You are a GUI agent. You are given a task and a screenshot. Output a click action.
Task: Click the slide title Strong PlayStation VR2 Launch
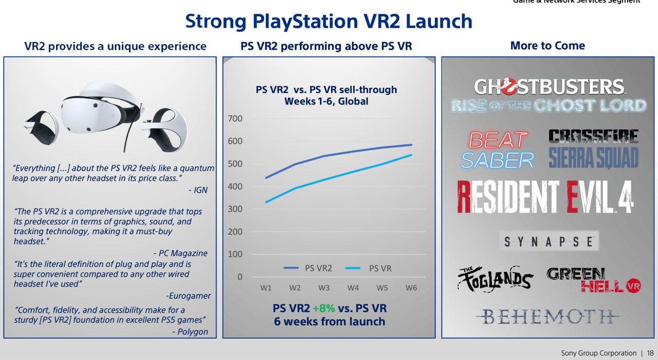(328, 22)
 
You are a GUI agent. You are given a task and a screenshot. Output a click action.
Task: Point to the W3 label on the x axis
(324, 288)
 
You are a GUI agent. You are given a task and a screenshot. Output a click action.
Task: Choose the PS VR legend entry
(368, 268)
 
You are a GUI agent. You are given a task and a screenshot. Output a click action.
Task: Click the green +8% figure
(323, 309)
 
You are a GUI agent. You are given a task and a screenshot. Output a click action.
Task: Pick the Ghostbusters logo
(548, 96)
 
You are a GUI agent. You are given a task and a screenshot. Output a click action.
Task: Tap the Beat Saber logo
(497, 150)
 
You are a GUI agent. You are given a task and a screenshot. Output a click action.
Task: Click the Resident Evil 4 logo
(545, 197)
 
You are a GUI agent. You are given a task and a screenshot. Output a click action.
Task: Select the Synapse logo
(549, 241)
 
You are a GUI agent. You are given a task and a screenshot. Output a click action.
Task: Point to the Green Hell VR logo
(593, 280)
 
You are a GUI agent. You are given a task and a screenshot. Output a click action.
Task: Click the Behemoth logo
(547, 316)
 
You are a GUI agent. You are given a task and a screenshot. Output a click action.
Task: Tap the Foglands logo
(495, 279)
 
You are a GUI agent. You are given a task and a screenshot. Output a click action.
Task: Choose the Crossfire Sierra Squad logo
(593, 149)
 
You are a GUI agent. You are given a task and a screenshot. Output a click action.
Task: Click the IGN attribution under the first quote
(198, 190)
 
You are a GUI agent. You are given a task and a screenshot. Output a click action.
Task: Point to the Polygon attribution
(190, 332)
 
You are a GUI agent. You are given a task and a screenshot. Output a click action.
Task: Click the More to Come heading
(547, 46)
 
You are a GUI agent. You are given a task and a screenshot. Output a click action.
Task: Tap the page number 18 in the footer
(650, 353)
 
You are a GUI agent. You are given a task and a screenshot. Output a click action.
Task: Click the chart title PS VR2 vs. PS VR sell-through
(326, 95)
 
